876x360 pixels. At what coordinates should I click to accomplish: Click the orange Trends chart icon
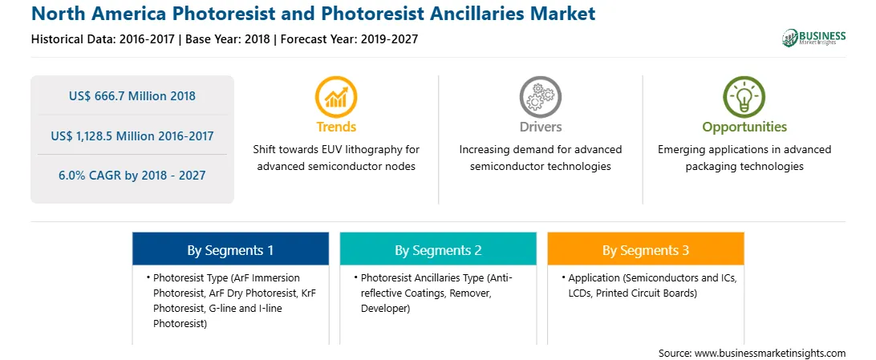tap(336, 97)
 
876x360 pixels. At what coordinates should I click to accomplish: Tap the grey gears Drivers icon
tap(540, 97)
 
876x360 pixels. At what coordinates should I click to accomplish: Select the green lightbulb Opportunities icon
tap(744, 97)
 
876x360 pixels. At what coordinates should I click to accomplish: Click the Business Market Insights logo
tap(814, 38)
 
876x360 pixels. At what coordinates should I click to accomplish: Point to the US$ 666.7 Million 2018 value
tap(132, 96)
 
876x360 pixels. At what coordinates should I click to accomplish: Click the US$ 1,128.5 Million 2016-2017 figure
tap(132, 136)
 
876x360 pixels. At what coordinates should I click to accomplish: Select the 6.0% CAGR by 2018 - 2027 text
tap(132, 176)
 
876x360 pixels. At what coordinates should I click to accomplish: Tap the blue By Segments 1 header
tap(230, 251)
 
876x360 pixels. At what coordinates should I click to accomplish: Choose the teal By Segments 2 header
tap(438, 251)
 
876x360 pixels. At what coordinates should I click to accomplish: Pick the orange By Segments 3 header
tap(646, 251)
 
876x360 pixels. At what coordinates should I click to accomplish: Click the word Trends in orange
tap(336, 127)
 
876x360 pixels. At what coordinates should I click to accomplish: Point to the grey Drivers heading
tap(540, 127)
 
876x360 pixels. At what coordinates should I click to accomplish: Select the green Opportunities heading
tap(744, 127)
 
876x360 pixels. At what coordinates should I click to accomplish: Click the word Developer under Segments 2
tap(386, 308)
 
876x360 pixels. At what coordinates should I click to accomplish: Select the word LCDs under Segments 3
tap(581, 293)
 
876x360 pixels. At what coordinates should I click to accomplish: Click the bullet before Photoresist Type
tap(148, 277)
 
